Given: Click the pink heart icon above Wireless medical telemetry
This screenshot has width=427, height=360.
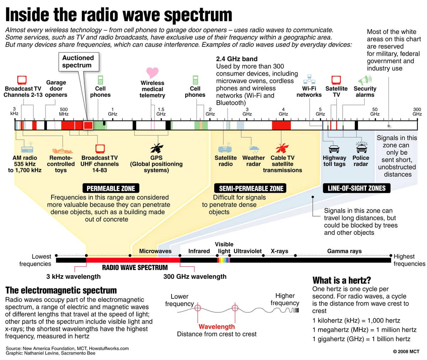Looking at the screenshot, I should [x=152, y=72].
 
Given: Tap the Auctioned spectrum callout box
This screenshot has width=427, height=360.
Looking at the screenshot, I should [x=78, y=62].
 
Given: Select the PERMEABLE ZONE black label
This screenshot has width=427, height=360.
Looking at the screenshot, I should [x=111, y=188].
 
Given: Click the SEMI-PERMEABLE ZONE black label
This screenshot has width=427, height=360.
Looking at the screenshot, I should [x=251, y=188].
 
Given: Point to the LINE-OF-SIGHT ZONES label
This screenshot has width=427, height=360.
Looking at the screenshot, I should [x=357, y=188].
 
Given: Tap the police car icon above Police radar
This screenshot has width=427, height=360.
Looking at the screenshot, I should [x=361, y=148].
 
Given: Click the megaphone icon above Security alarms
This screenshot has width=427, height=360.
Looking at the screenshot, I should [x=365, y=80].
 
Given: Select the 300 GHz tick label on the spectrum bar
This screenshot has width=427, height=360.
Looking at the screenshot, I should [x=417, y=112].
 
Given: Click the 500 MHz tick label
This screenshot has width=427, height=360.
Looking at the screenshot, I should [x=64, y=112].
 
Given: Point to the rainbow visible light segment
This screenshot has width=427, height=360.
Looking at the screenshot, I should [x=223, y=260].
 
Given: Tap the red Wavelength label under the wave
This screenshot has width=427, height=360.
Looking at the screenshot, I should [x=217, y=327].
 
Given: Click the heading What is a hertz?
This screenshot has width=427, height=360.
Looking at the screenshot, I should [x=342, y=280].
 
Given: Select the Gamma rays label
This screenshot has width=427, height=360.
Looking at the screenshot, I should [x=344, y=251].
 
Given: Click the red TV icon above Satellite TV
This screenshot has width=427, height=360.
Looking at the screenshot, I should [x=336, y=80].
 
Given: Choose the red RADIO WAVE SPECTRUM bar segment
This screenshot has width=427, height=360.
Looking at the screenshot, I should [x=133, y=260].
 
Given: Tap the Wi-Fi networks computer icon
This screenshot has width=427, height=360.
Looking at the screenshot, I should [x=309, y=80].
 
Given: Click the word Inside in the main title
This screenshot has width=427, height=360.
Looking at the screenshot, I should [x=26, y=15].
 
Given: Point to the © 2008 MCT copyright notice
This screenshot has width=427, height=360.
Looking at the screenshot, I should [x=406, y=351].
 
